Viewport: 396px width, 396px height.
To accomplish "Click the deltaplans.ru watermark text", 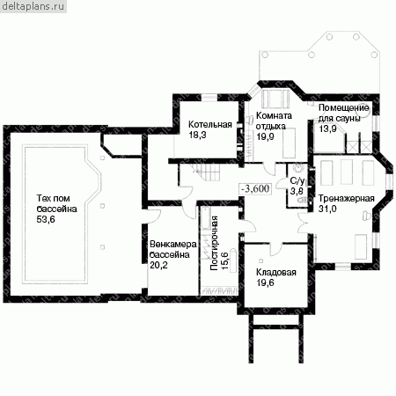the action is pos(33,6).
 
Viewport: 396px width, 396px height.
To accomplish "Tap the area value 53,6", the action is pos(46,219).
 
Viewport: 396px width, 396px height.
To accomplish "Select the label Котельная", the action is pos(210,124).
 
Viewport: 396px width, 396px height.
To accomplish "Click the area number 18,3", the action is pos(197,135).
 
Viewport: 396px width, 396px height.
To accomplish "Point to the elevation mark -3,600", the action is pos(255,188).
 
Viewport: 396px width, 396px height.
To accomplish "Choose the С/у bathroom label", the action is pos(297,180).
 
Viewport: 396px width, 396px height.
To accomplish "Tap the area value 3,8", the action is pos(297,191).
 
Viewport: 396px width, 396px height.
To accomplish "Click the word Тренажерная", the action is pos(347,199).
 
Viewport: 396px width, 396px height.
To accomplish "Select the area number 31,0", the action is pos(327,209).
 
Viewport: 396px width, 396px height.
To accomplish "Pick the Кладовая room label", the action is pos(276,272).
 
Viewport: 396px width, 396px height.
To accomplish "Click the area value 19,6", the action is pos(265,282).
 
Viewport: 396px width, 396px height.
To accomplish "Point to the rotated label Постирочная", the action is pos(215,243).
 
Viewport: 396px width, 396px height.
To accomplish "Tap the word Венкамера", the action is pos(173,244).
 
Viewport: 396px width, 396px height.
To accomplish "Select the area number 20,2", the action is pos(158,265).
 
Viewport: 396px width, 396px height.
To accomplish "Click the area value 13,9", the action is pos(327,128).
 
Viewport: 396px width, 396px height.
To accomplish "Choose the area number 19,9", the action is pos(265,136).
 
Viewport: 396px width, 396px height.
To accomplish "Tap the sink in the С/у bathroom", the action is pos(298,169).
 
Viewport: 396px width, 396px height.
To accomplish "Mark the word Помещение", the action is pos(343,108).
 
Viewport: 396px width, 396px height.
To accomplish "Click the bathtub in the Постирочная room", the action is pos(205,218).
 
